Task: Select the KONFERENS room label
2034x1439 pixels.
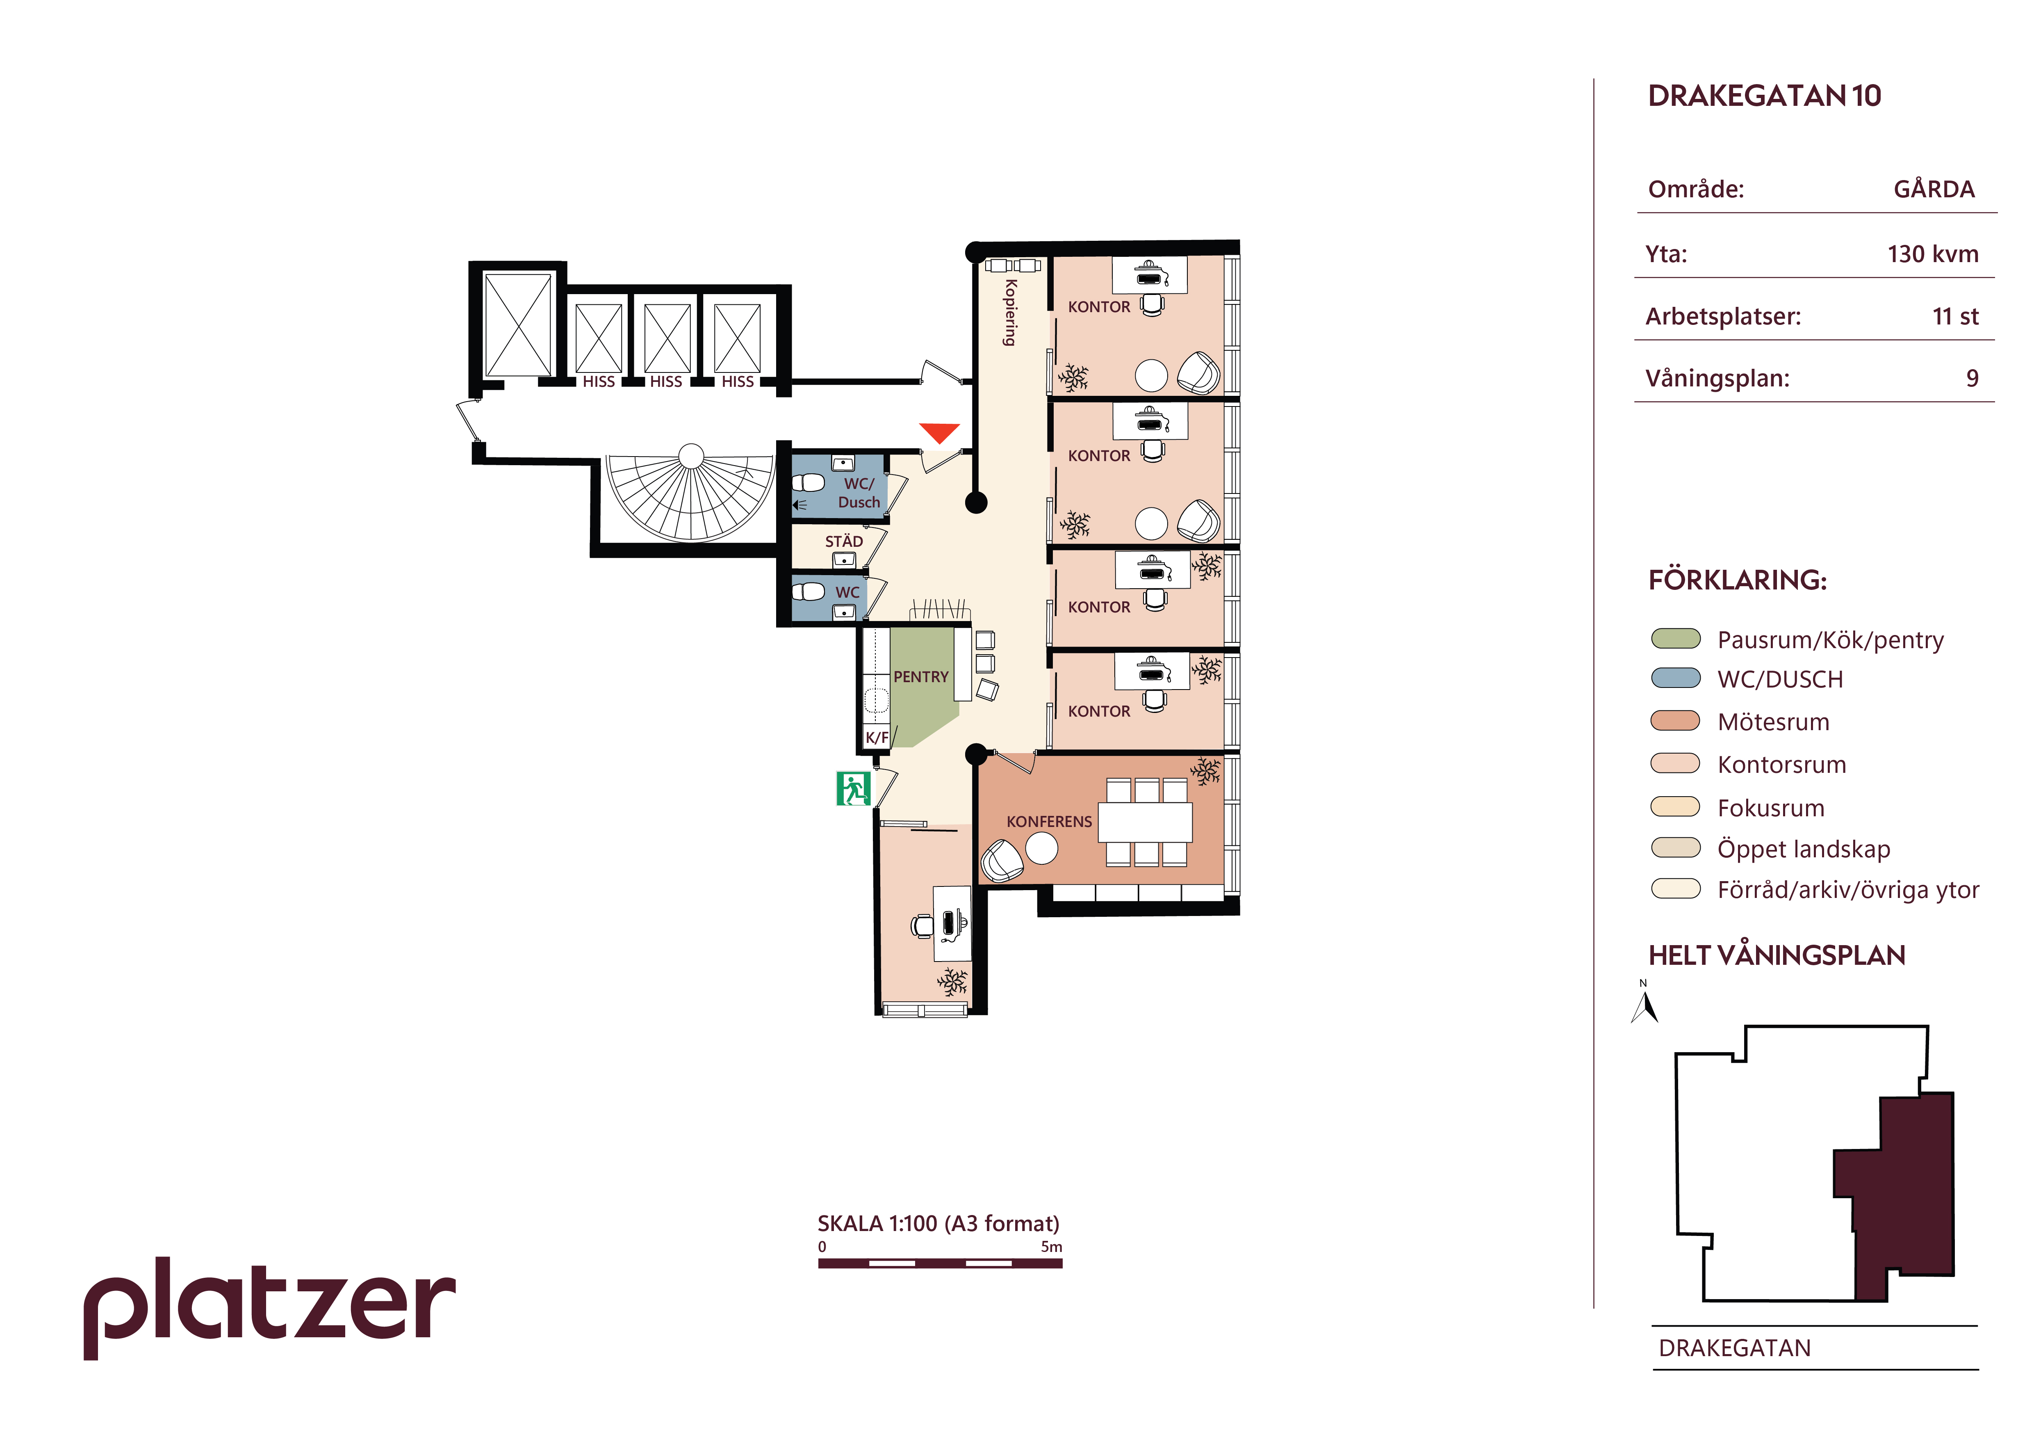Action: coord(1049,821)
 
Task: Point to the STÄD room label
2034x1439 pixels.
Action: coord(843,541)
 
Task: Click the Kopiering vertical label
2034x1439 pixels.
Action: coord(1010,312)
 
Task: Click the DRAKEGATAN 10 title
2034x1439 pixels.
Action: coord(1764,96)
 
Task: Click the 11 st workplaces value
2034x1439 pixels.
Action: coord(1955,316)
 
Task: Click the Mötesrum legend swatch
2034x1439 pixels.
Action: coord(1675,720)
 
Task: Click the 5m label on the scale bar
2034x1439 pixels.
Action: coord(1052,1247)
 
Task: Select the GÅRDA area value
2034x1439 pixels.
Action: coord(1934,190)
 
